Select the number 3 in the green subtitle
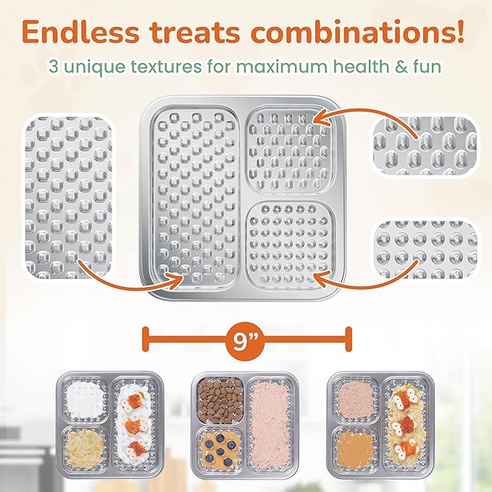pos(54,67)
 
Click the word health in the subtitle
pos(361,67)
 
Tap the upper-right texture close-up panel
pos(423,142)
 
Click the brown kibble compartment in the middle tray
pos(220,399)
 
